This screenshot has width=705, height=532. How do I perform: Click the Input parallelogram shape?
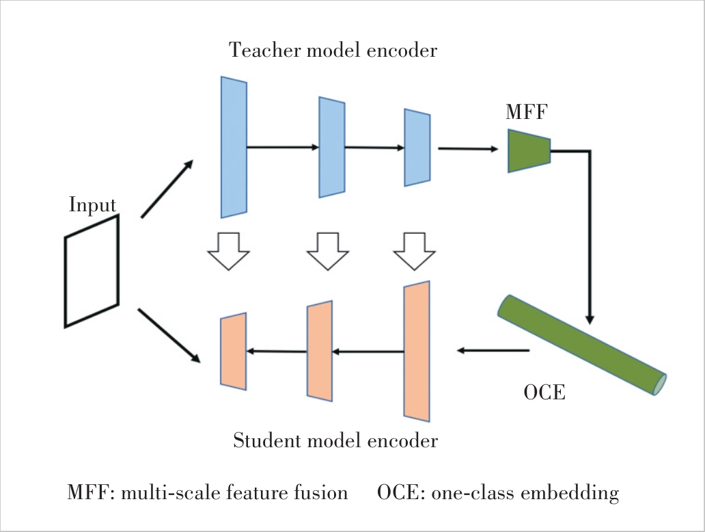92,271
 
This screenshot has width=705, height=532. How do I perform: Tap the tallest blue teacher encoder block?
234,147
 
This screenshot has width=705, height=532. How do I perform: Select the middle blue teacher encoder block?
332,147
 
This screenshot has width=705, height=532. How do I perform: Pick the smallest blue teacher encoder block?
417,147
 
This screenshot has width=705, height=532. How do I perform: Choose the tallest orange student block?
417,350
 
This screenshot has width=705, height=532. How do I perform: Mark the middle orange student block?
320,351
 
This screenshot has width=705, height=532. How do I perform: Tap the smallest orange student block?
233,351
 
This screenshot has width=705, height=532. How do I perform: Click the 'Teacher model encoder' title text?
333,51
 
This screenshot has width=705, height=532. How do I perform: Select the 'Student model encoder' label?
335,441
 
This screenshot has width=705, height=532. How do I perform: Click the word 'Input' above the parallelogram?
92,205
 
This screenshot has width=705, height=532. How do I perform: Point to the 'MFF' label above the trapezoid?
527,111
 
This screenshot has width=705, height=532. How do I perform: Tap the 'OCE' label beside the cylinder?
544,394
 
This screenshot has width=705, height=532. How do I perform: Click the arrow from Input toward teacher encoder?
167,189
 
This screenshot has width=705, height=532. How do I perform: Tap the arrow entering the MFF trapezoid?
468,148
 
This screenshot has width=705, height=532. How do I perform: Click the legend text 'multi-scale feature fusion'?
234,492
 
